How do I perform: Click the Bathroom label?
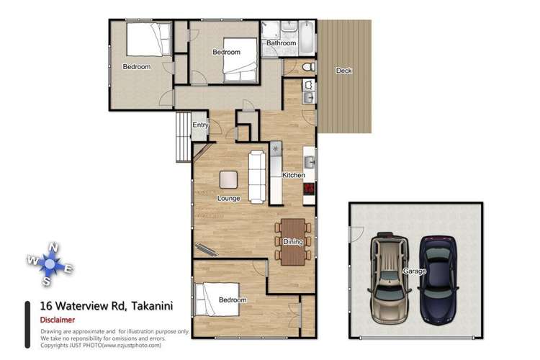click(281, 43)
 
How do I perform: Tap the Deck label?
click(344, 71)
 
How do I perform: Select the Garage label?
click(415, 271)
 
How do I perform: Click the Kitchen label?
click(294, 175)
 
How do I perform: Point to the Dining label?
click(292, 242)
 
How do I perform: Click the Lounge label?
click(228, 197)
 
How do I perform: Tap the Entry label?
click(199, 125)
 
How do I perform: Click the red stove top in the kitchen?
click(309, 189)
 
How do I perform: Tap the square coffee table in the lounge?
click(229, 178)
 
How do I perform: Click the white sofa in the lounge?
click(258, 176)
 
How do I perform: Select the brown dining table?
click(292, 241)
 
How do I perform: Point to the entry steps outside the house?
click(183, 137)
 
